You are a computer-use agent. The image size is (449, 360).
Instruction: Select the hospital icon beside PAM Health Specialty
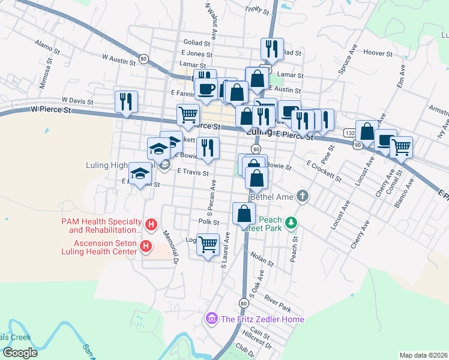[x=152, y=226]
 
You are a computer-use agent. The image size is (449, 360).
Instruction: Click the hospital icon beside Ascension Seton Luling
[x=145, y=247]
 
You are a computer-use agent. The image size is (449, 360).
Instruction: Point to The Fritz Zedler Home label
[x=262, y=319]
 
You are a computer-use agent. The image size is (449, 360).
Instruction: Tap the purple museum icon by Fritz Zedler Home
[x=211, y=318]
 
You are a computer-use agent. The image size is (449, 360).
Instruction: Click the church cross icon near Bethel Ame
[x=303, y=196]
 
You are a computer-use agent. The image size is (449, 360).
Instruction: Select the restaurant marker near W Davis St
[x=127, y=101]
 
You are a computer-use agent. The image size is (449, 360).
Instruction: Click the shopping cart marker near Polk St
[x=208, y=245]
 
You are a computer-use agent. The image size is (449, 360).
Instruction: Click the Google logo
[x=20, y=353]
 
